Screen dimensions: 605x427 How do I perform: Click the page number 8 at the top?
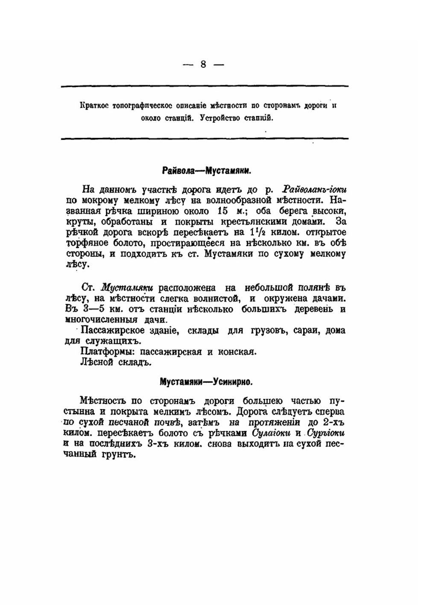coord(203,64)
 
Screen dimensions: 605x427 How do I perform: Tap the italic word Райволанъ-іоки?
coord(314,189)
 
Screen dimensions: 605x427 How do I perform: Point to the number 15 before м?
coord(224,211)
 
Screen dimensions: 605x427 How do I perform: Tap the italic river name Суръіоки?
coord(325,433)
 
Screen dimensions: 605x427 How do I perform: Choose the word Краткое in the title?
coord(94,105)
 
